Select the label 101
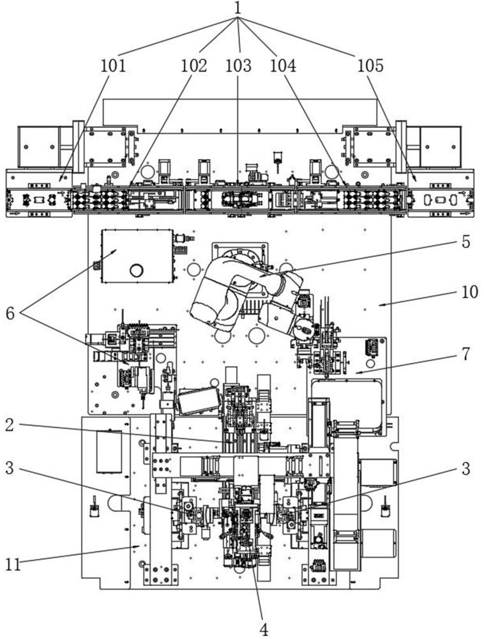[x=113, y=66]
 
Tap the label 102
[x=193, y=66]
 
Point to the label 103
[x=239, y=66]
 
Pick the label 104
[x=283, y=66]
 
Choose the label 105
[x=370, y=66]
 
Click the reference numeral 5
[x=465, y=242]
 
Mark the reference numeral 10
[x=469, y=292]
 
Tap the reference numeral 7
[x=465, y=354]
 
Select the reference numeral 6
[x=11, y=312]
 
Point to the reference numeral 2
[x=10, y=426]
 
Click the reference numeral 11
[x=13, y=565]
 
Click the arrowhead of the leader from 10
[x=379, y=304]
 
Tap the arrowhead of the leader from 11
[x=139, y=546]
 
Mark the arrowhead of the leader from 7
[x=356, y=372]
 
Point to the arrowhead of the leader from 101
[x=60, y=180]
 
